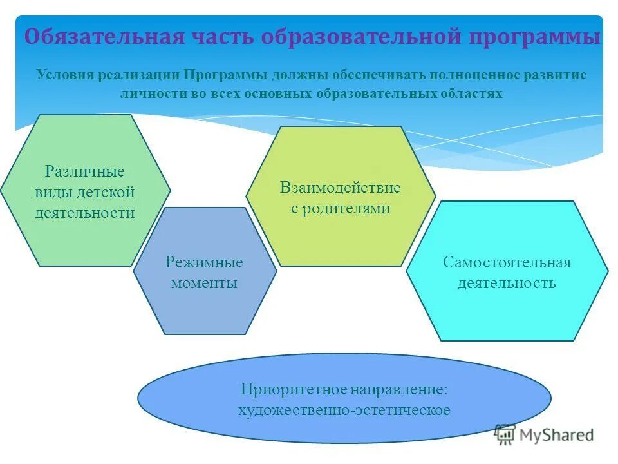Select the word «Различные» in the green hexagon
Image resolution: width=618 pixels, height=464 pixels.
(x=85, y=172)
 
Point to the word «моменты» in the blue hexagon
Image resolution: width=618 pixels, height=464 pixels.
(x=205, y=283)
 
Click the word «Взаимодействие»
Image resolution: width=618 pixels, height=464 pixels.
(x=341, y=188)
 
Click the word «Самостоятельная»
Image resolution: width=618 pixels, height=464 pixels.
(x=507, y=262)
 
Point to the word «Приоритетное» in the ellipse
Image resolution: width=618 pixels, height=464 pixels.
(x=294, y=389)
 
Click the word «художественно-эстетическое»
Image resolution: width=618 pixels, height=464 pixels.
(x=344, y=410)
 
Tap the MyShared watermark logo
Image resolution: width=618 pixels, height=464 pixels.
(x=545, y=434)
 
